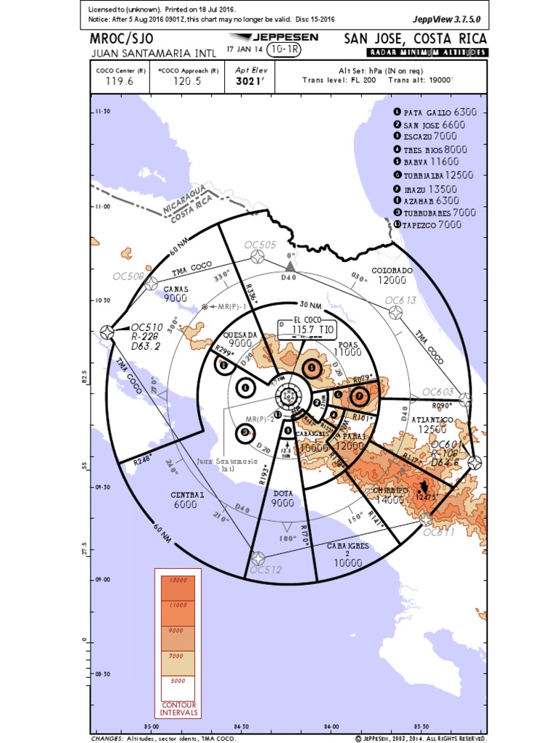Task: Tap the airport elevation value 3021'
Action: [247, 82]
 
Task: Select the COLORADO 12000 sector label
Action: [392, 275]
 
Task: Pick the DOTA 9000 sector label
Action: [284, 498]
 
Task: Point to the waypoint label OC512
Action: [265, 570]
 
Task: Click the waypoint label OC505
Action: [260, 245]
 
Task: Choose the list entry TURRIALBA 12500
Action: [434, 175]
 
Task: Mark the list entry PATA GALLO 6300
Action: [434, 112]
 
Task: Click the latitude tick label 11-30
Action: [102, 112]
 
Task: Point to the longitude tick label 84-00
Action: [331, 726]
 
